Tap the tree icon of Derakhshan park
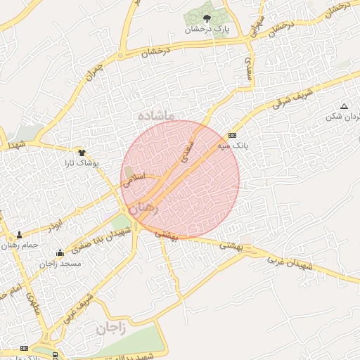click(207, 18)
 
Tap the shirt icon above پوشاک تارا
click(82, 151)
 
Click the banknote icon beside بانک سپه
click(233, 135)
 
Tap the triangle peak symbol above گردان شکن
click(343, 105)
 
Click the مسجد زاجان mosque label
click(60, 263)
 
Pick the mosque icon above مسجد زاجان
click(60, 252)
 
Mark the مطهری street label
click(32, 304)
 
